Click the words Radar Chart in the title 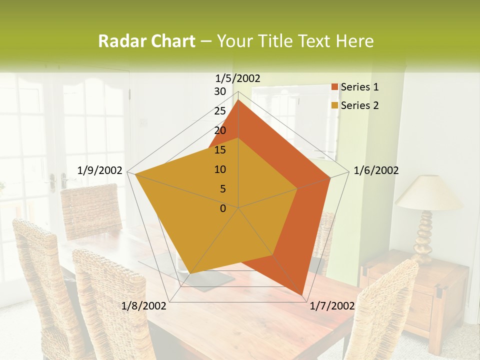[x=146, y=41]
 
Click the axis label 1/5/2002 [x=238, y=78]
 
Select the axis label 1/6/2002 [x=376, y=170]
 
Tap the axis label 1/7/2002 [x=332, y=306]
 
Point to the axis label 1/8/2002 [x=144, y=306]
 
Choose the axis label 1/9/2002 [x=100, y=170]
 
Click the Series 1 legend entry [x=359, y=87]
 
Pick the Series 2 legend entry [x=359, y=105]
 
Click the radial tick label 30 [x=220, y=91]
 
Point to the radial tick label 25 [x=220, y=111]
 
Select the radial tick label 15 [x=220, y=150]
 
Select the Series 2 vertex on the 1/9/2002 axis [x=135, y=174]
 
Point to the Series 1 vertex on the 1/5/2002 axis [x=238, y=100]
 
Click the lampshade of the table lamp [x=429, y=193]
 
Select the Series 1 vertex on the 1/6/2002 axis [x=330, y=177]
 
